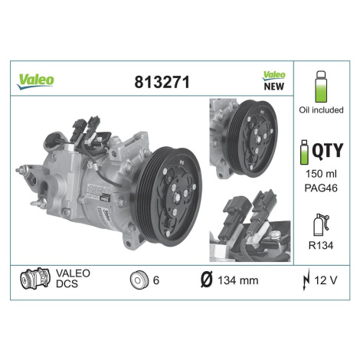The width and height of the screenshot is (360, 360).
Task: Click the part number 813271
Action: [x=162, y=82]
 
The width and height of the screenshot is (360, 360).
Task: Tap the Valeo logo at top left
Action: [x=35, y=81]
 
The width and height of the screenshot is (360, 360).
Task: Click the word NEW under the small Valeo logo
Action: [x=274, y=87]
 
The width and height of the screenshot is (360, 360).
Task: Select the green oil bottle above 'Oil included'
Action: [x=321, y=87]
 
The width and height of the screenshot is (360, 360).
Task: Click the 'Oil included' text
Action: [x=321, y=110]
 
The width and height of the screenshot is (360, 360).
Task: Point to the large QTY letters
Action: [x=328, y=150]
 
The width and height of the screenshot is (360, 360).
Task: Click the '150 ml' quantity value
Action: [x=321, y=174]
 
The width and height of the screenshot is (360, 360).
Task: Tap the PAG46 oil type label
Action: [x=321, y=188]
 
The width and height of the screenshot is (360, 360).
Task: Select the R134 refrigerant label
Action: [x=321, y=245]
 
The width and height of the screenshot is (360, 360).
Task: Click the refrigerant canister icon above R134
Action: [x=321, y=224]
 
